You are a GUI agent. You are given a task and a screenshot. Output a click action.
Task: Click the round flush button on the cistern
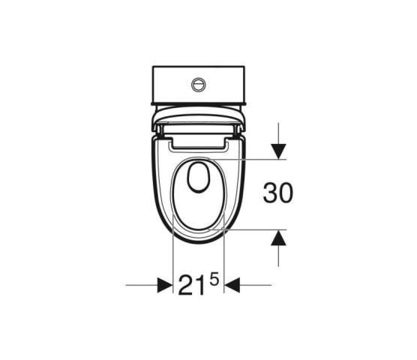point(199,85)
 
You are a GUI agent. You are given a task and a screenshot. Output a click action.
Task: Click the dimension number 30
point(278,193)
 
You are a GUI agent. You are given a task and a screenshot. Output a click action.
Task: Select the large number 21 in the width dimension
point(192,285)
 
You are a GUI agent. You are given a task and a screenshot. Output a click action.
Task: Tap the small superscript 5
point(214,280)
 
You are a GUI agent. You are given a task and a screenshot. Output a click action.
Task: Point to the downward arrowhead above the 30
point(278,151)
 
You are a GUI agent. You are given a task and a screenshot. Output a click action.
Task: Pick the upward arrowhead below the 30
point(278,238)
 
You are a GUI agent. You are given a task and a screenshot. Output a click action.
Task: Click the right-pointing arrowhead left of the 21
point(165,285)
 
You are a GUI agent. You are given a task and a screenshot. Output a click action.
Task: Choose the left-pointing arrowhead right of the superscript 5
point(232,285)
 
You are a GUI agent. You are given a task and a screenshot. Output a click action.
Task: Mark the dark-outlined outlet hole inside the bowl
point(199,177)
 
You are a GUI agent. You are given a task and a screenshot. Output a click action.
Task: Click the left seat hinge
point(159,130)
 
